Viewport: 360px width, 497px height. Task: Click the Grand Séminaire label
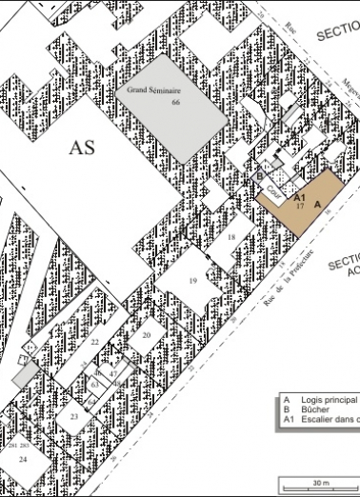pos(154,90)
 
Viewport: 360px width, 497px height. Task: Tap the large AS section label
pos(84,149)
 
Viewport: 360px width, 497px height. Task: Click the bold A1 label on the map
pos(298,196)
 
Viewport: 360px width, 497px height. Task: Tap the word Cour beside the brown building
pos(273,189)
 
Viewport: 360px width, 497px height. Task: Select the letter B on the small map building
pos(260,176)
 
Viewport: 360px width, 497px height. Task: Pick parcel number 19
pos(191,281)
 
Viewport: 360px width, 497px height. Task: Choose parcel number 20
pos(147,335)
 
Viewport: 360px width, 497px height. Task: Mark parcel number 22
pos(94,341)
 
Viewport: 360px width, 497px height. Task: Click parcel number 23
pos(73,417)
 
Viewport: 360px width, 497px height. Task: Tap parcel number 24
pos(23,459)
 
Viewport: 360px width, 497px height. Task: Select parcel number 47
pos(111,375)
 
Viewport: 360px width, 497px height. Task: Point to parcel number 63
pos(95,383)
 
